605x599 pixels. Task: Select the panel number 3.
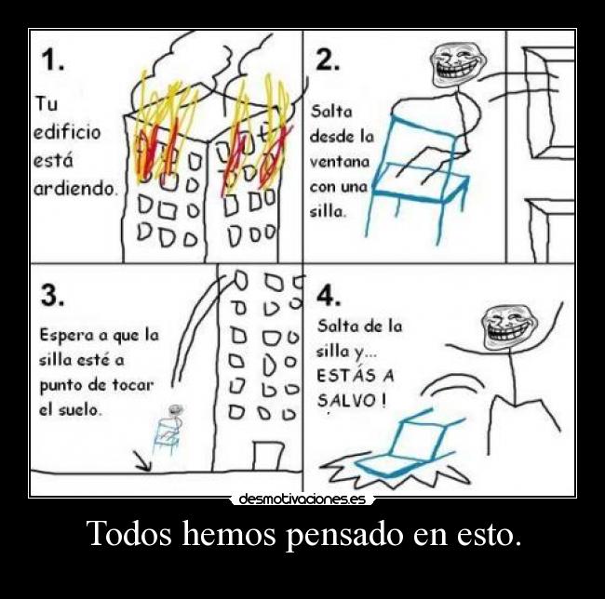(52, 296)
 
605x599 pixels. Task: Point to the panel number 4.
(329, 296)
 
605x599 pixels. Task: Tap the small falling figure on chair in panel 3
(168, 431)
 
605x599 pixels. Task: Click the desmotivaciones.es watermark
(302, 499)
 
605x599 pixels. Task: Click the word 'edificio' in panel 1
(67, 132)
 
